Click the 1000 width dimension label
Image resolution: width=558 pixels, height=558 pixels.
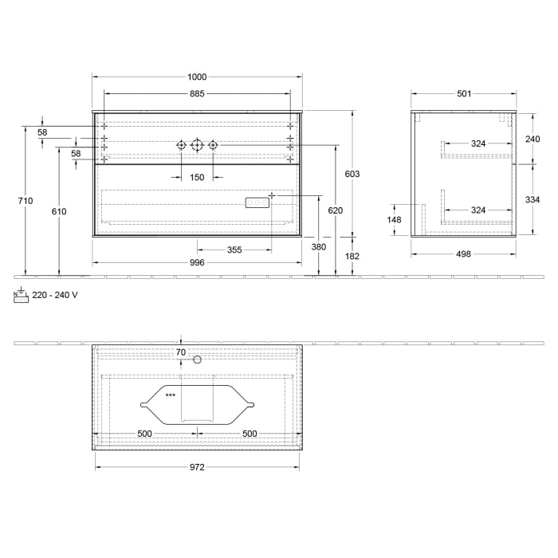(x=197, y=77)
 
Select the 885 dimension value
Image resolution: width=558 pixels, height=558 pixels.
(x=197, y=94)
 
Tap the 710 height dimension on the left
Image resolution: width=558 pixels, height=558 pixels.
(x=26, y=201)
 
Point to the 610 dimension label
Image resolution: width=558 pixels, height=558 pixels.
(x=59, y=211)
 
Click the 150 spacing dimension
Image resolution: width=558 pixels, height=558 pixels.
(x=197, y=177)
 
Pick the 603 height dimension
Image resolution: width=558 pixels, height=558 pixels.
(x=352, y=174)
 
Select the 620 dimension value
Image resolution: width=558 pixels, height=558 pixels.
(x=335, y=211)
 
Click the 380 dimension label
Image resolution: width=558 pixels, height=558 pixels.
(x=319, y=247)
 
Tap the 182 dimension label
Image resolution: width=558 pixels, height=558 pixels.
(x=352, y=256)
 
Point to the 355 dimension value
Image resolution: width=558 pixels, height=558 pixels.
(x=234, y=250)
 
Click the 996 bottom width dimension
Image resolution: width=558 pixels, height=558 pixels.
(x=197, y=262)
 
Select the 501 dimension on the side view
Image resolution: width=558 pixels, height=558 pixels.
(x=464, y=94)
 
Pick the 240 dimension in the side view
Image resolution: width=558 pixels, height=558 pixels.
(x=532, y=138)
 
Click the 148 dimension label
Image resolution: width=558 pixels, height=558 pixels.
(x=394, y=220)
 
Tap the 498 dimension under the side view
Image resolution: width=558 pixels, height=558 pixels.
(x=464, y=254)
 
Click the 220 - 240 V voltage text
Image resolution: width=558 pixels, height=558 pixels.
(x=55, y=295)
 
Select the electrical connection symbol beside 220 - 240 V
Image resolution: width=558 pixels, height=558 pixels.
(x=21, y=295)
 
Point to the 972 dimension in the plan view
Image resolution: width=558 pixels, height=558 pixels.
(x=197, y=468)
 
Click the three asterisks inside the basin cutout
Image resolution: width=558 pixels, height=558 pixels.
(x=171, y=395)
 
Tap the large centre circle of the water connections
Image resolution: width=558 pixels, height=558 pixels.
(x=197, y=145)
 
